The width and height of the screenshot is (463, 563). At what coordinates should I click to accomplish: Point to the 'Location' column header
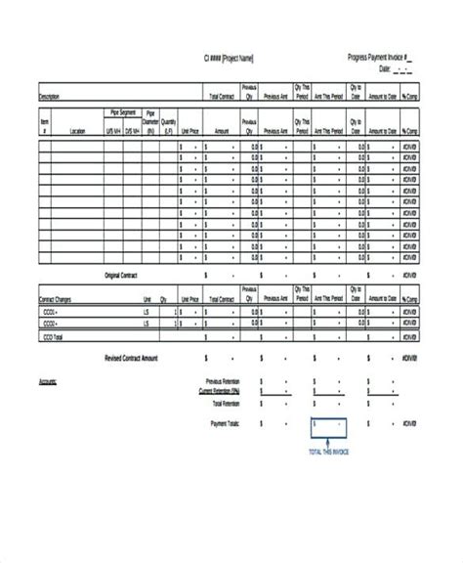(x=78, y=129)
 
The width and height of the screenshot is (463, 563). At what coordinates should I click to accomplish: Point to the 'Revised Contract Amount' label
(x=131, y=358)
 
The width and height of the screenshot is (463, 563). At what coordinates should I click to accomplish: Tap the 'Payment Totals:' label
(x=225, y=423)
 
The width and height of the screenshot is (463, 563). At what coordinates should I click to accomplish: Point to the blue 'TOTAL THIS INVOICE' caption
(x=330, y=453)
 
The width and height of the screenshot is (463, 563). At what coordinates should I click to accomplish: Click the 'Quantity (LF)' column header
(x=168, y=121)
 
